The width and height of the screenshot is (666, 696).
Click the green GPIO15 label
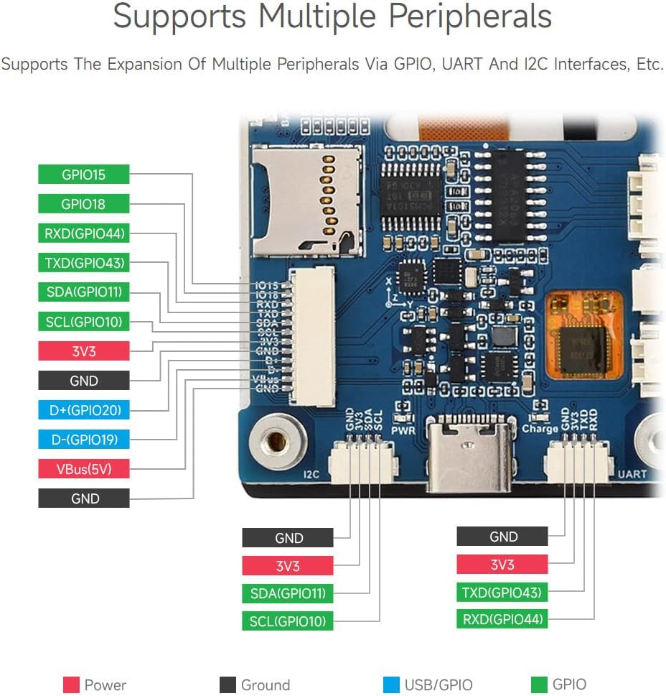84,175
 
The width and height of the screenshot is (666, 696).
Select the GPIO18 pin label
84,204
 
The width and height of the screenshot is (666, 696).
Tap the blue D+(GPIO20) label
84,410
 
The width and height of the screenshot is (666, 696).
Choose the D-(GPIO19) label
84,440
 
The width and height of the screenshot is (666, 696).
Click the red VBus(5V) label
84,469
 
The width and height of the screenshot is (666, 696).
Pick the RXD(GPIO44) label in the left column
84,233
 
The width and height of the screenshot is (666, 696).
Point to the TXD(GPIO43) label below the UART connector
502,593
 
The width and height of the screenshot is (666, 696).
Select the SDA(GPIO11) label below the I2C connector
287,593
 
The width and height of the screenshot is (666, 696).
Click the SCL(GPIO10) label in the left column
84,322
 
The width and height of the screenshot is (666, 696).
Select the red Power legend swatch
71,685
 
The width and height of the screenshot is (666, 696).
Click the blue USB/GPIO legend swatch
391,685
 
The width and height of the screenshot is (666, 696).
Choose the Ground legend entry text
266,685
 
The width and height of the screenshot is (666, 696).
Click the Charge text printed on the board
540,429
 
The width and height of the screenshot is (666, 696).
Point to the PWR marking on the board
403,431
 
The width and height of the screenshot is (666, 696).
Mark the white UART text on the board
632,474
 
